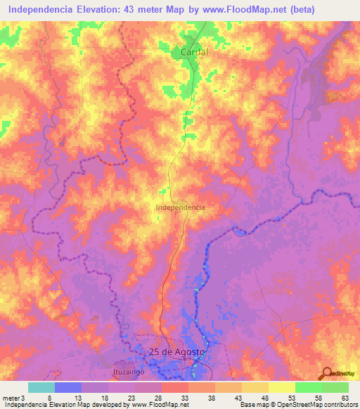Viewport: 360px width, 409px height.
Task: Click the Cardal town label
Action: [x=195, y=52]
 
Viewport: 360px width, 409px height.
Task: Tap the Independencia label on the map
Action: [x=180, y=208]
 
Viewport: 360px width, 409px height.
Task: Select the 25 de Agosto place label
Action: [x=177, y=351]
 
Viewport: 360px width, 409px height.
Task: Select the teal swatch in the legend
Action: [x=41, y=387]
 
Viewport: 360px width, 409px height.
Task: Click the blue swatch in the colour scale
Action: [x=68, y=387]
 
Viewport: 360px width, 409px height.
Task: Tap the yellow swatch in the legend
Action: [x=281, y=387]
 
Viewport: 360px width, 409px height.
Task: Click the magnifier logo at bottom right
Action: [x=328, y=373]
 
